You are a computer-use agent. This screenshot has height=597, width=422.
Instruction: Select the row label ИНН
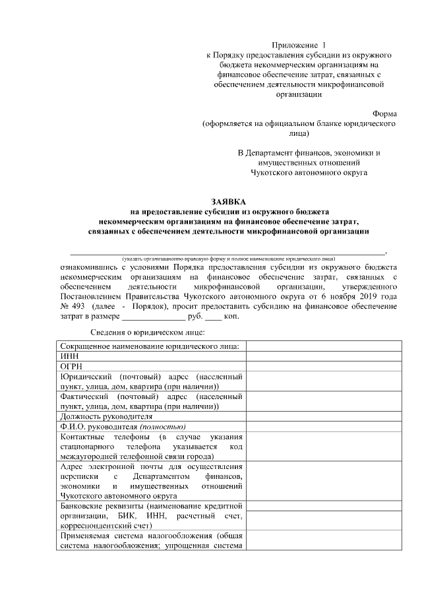click(69, 356)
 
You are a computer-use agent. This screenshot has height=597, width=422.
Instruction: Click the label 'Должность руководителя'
click(106, 416)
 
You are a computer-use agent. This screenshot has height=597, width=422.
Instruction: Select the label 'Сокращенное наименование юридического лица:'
click(150, 346)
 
